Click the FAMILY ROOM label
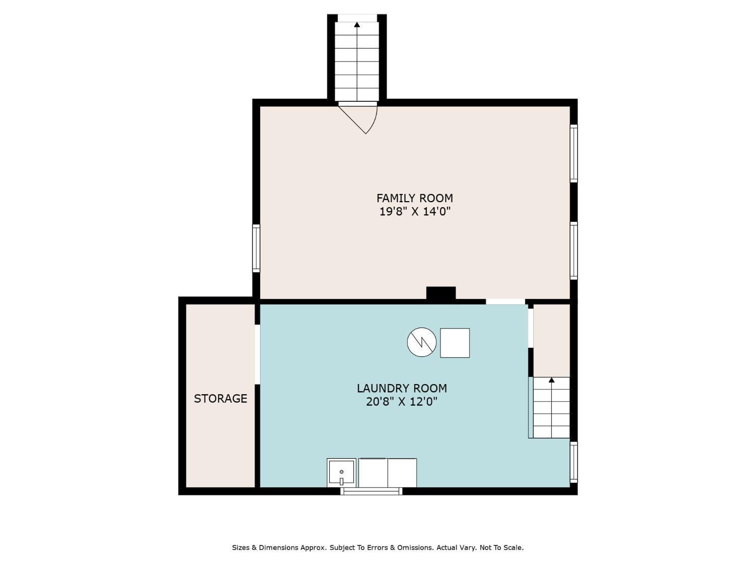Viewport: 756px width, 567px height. coord(414,198)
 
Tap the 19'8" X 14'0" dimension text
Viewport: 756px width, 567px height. coord(415,211)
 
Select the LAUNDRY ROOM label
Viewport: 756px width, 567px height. coord(402,388)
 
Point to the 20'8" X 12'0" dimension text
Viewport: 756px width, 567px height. coord(402,401)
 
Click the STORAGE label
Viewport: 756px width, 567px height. coord(220,398)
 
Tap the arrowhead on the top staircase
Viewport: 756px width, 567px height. coord(357,25)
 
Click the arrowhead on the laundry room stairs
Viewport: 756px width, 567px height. coord(551,380)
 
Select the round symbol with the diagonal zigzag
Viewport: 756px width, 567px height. coord(421,342)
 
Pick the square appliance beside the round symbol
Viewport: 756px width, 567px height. coord(455,343)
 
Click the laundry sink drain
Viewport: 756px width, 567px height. coord(341,472)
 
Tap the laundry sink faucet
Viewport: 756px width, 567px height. coord(341,481)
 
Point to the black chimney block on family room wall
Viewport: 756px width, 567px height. coord(441,293)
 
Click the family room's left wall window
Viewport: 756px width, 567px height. coord(256,248)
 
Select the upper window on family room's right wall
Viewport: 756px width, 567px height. coord(574,153)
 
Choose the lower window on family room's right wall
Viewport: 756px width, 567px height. coord(574,250)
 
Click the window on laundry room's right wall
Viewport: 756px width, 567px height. coord(574,462)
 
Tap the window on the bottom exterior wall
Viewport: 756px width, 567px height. coord(371,491)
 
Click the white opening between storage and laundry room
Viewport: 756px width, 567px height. coord(257,354)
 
